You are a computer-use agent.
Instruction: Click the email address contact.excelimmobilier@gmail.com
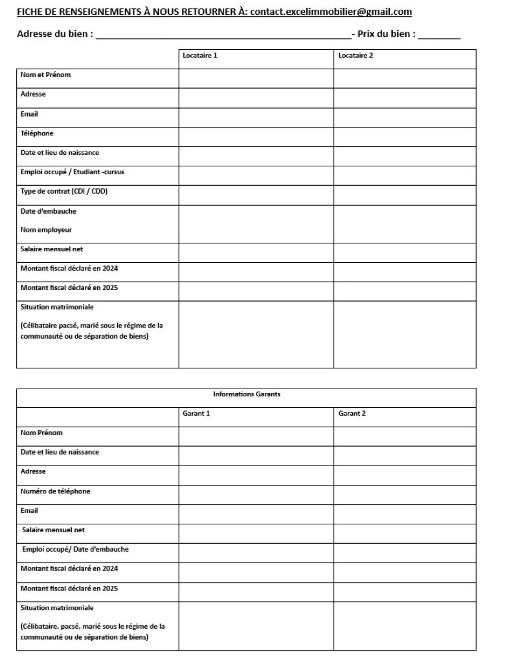tap(331, 12)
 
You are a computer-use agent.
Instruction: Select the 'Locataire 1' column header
tap(200, 56)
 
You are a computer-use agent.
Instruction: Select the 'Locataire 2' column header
tap(355, 56)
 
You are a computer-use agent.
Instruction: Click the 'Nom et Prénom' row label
tap(45, 75)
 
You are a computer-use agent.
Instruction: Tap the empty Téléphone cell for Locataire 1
tap(256, 137)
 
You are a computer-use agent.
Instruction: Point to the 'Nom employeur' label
tap(46, 230)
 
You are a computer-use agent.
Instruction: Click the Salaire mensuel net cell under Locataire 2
tap(405, 252)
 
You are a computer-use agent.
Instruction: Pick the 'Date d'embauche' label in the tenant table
tap(49, 211)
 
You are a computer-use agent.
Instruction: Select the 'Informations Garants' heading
tap(247, 394)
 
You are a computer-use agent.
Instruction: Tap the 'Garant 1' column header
tap(196, 414)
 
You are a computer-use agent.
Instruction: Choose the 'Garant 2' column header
tap(352, 414)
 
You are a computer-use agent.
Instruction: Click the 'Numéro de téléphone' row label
tap(56, 491)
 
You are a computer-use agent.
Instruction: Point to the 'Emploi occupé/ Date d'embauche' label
tap(75, 550)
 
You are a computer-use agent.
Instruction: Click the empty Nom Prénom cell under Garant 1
tap(256, 436)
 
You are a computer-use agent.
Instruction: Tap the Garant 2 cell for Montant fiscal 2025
tap(405, 592)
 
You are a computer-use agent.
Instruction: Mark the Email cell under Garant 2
tap(405, 514)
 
